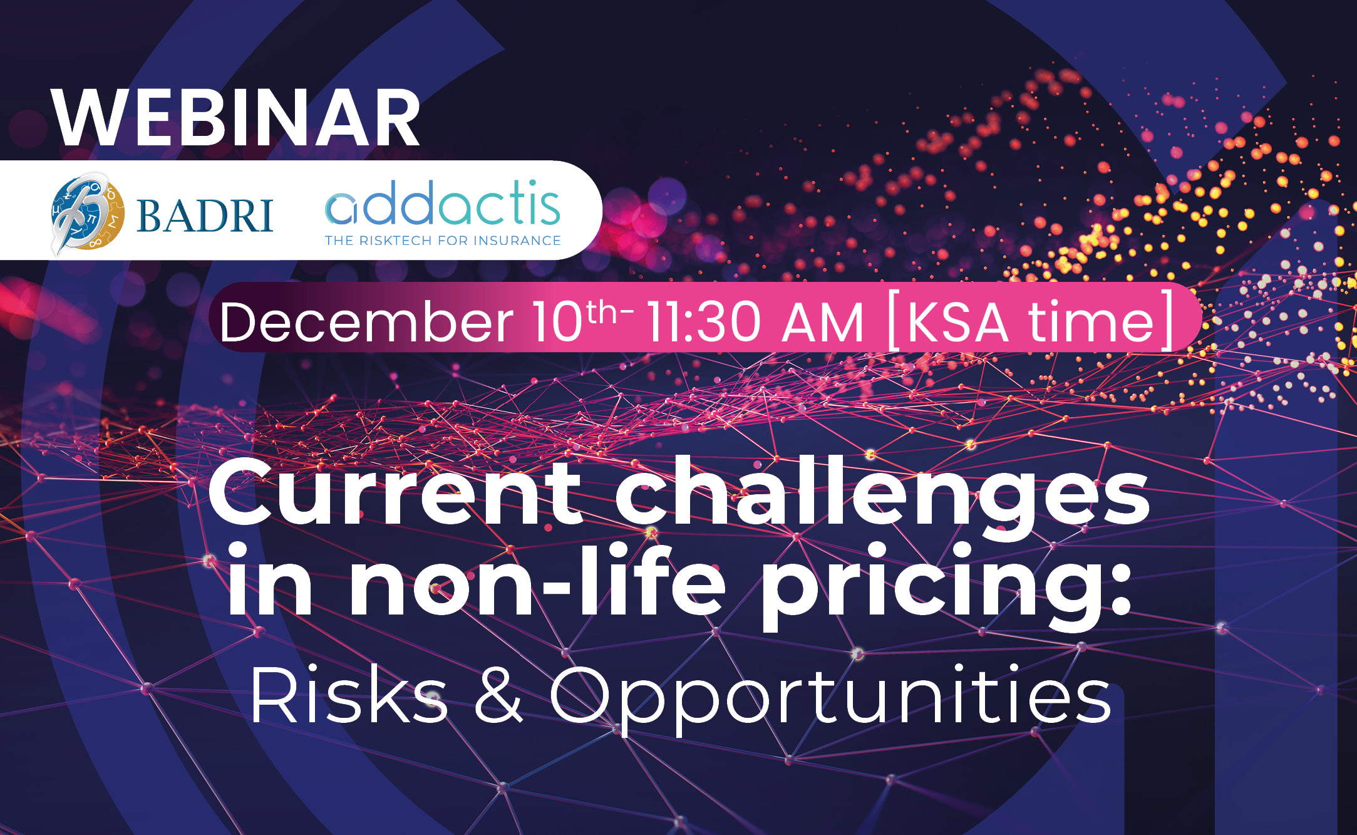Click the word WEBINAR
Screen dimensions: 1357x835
(236, 118)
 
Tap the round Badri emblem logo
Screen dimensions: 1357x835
(87, 213)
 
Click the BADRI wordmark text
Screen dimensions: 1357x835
(205, 215)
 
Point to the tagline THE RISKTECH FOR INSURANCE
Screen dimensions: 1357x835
(443, 241)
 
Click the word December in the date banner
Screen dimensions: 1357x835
(366, 322)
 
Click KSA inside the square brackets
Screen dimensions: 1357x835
(956, 322)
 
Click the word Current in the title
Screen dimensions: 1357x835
(395, 492)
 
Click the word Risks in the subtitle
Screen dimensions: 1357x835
(349, 694)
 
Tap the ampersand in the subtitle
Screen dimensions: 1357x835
(498, 694)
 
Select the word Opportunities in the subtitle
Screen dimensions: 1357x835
(830, 699)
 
